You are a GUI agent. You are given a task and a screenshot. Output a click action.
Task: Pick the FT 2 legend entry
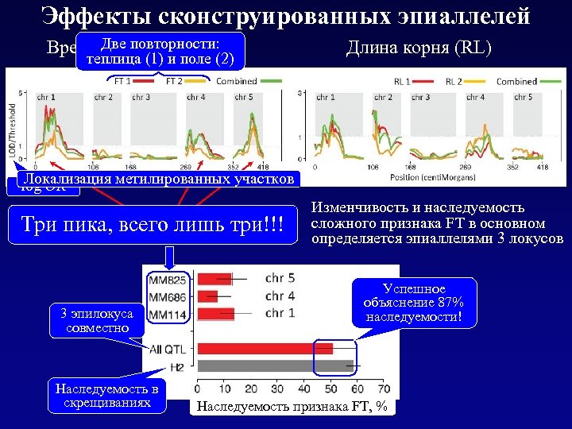(x=185, y=81)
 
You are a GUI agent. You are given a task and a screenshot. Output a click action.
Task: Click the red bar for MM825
(x=214, y=278)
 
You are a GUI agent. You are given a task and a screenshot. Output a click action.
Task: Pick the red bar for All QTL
(x=265, y=348)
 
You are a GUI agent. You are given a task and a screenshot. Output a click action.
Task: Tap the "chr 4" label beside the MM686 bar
(x=279, y=296)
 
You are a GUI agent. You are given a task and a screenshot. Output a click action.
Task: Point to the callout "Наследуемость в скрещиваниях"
(x=107, y=395)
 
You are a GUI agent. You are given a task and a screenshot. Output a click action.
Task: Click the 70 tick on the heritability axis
(x=385, y=388)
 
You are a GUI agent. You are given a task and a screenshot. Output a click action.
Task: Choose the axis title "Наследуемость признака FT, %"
(x=292, y=406)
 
